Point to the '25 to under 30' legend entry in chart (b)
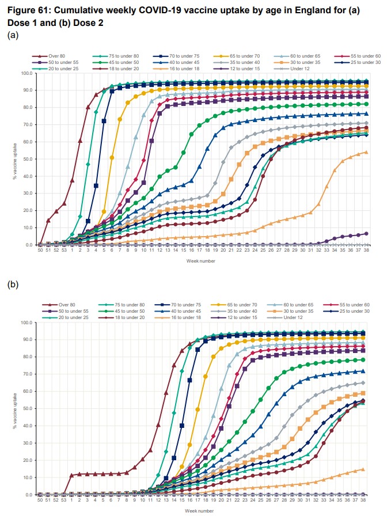pyautogui.click(x=348, y=312)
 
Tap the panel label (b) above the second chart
pyautogui.click(x=13, y=284)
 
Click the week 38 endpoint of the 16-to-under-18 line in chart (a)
pyautogui.click(x=366, y=152)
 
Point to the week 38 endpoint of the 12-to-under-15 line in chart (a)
pyautogui.click(x=366, y=234)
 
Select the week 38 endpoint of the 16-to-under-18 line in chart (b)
pyautogui.click(x=363, y=469)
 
